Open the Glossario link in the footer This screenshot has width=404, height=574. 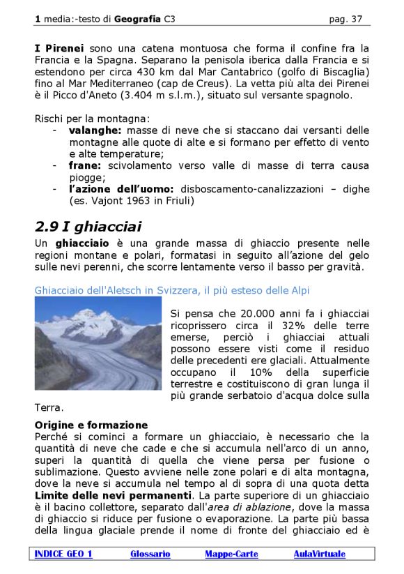coord(150,554)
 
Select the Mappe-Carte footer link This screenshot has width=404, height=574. coord(231,554)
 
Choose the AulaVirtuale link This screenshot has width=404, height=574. coord(319,554)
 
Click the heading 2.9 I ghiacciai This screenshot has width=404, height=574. coord(88,227)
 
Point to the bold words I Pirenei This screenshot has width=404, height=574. coord(60,48)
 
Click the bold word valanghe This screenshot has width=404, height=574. coord(95,130)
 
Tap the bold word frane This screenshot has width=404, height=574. coord(85,165)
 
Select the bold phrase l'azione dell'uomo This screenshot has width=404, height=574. coord(123,189)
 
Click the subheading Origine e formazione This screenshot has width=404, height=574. coord(91,424)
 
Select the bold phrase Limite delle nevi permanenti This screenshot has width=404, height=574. coord(112,495)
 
